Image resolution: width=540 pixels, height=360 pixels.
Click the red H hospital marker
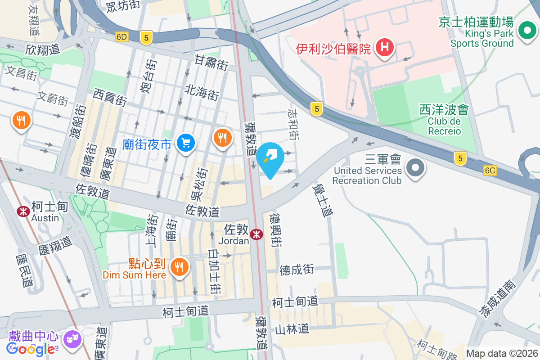pos(385,47)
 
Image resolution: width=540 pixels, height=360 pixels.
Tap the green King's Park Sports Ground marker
pos(526,31)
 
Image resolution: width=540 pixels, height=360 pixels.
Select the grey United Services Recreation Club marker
pos(415,168)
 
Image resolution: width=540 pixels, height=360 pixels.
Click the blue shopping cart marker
pos(185,144)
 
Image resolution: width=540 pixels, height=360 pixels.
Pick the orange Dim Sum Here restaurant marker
pos(179,267)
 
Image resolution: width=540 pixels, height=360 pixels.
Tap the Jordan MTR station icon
pos(256,234)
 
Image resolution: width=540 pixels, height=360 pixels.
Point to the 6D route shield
pos(121,37)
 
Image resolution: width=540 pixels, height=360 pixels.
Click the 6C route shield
pos(490,170)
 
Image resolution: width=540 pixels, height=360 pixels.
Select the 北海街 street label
pos(202,91)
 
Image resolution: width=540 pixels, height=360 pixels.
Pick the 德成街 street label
pos(297,270)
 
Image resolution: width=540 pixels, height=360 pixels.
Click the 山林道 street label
pos(292,329)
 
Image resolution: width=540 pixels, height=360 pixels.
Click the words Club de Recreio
pos(444,126)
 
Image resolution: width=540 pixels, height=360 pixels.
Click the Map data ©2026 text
pos(502,353)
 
